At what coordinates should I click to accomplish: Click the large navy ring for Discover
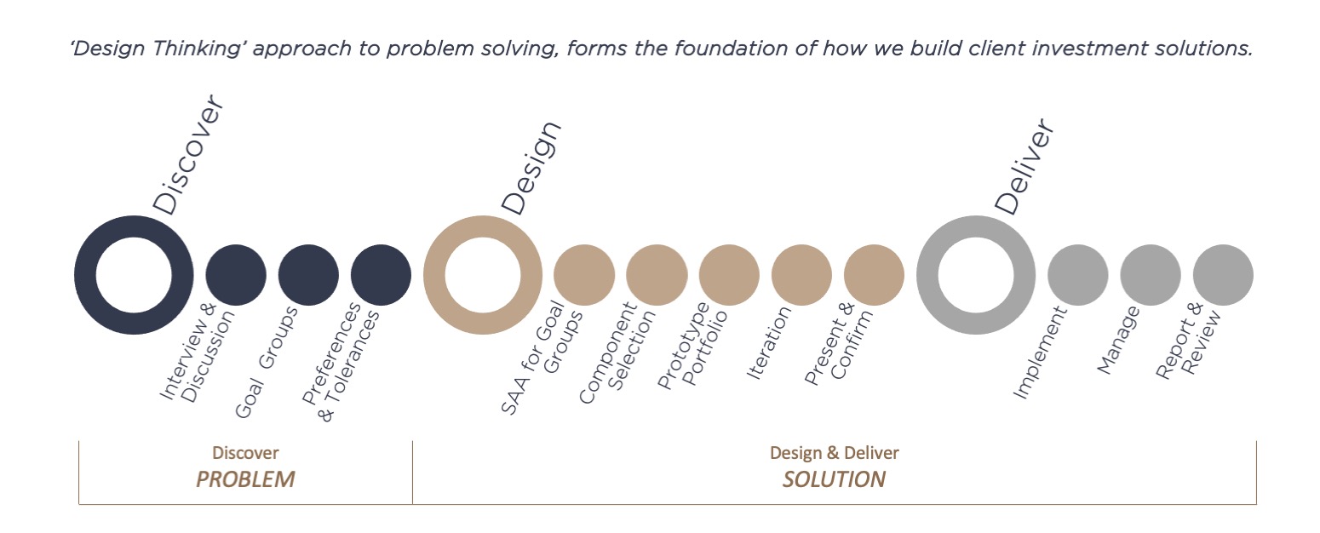tap(85, 275)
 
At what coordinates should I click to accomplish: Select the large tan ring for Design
tap(434, 275)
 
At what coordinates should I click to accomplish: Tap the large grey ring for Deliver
tap(927, 275)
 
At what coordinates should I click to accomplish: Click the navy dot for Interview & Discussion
tap(236, 275)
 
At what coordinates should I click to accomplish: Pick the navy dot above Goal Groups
tap(308, 275)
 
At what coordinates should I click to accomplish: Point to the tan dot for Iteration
tap(801, 275)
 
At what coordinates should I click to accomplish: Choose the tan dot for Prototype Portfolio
tap(729, 275)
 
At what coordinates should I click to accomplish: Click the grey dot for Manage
tap(1151, 275)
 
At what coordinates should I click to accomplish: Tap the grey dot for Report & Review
tap(1223, 275)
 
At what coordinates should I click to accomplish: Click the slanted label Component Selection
tap(617, 352)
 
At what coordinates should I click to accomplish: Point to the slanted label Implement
tap(1040, 352)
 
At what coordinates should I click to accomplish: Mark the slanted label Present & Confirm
tap(838, 344)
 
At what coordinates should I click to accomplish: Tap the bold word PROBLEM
tap(245, 479)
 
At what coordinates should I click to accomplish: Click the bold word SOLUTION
tap(834, 479)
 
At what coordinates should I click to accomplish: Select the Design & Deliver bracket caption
tap(835, 453)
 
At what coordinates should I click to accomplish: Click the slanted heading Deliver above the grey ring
tap(1024, 167)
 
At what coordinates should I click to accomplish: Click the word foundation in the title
tap(731, 49)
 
